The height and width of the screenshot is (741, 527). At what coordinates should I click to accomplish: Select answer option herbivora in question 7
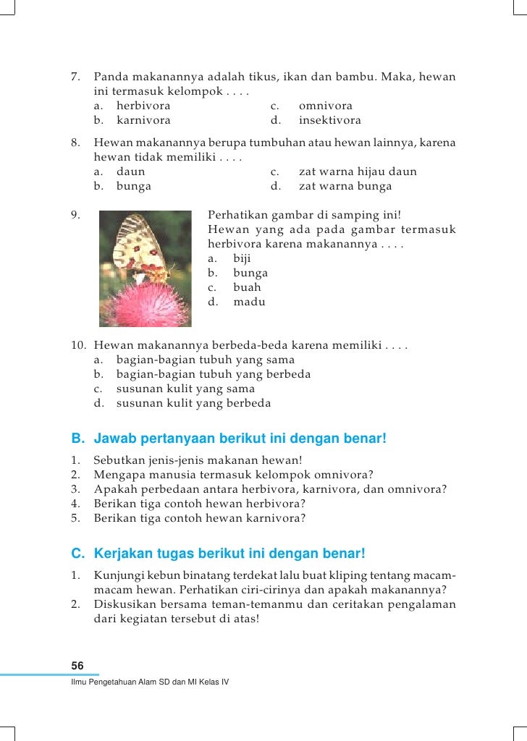143,106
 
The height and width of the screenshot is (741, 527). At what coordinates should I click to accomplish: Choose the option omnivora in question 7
325,106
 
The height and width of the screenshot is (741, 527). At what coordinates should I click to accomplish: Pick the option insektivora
329,121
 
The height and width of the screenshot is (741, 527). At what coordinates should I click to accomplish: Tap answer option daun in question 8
130,172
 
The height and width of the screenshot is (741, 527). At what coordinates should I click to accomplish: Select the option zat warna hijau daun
357,172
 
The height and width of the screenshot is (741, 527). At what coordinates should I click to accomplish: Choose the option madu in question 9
249,302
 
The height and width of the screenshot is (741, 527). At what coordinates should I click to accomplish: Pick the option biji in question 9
243,258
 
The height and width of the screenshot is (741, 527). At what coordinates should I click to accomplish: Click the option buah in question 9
247,287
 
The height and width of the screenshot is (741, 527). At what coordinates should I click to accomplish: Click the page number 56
77,665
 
